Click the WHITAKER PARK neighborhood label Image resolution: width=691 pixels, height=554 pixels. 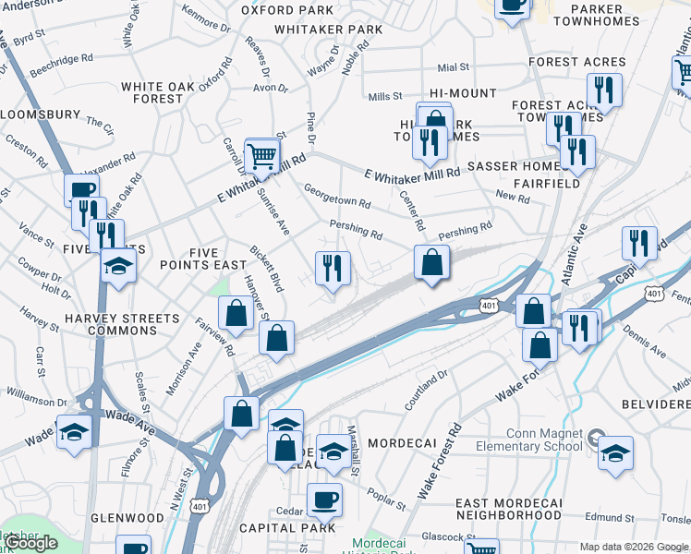pos(329,30)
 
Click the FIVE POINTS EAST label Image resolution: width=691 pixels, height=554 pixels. pos(204,259)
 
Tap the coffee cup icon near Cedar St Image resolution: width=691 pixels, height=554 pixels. pos(324,500)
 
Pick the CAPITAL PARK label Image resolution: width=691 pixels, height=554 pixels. pos(274,528)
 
